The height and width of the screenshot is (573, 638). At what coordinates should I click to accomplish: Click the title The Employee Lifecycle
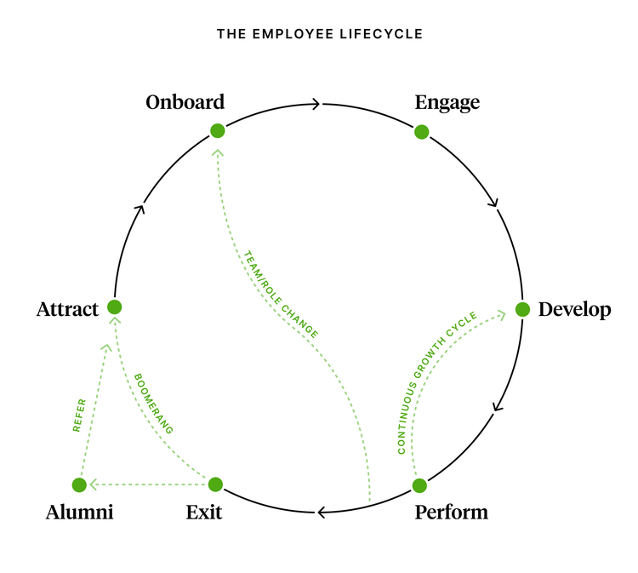click(319, 35)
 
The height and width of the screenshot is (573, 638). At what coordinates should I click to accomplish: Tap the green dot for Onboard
click(218, 130)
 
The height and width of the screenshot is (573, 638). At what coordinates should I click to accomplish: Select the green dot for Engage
click(421, 132)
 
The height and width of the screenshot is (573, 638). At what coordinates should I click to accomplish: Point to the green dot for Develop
click(522, 309)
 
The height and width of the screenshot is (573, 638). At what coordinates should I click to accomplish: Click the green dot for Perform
click(419, 485)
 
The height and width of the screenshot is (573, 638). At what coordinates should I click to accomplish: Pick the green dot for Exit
click(215, 484)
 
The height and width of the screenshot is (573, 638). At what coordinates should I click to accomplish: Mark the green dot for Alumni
click(79, 484)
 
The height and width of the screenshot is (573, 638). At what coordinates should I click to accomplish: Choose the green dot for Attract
click(114, 307)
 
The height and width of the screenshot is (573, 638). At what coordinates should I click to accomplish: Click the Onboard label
click(185, 102)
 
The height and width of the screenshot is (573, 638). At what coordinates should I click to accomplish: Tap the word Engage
click(447, 102)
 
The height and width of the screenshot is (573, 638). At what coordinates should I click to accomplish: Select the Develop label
click(574, 309)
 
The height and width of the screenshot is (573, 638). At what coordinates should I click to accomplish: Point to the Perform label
click(451, 513)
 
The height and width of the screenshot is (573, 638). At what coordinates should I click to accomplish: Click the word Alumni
click(80, 513)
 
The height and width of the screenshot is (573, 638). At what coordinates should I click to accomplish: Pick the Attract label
click(68, 309)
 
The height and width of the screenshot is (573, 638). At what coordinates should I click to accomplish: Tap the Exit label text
click(204, 513)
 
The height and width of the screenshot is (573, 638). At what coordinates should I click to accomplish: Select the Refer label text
click(79, 415)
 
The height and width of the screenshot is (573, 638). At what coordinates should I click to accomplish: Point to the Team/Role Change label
click(281, 295)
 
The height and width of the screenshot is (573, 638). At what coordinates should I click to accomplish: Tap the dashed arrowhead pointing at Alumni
click(94, 484)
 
